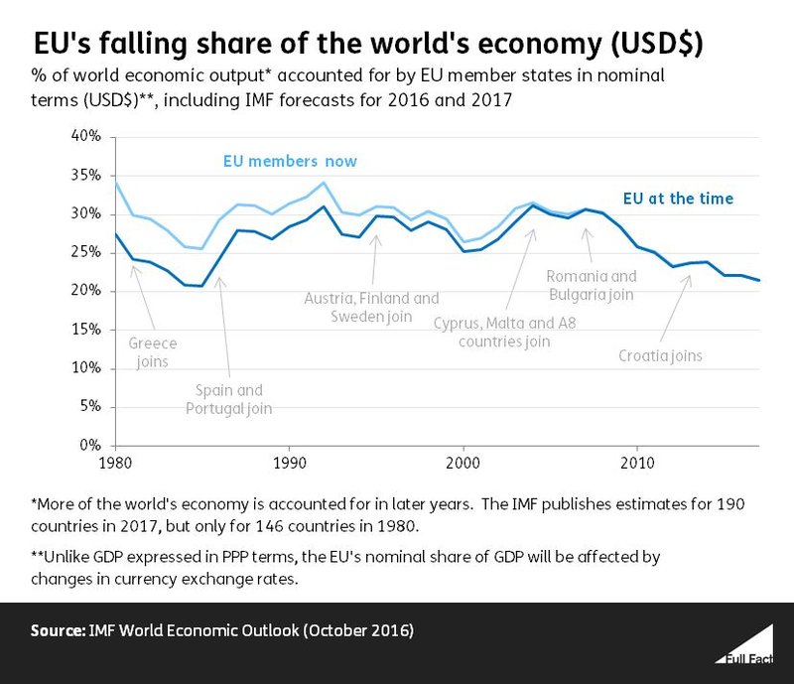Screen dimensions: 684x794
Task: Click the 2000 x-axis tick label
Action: (463, 463)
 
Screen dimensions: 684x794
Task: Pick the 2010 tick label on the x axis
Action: (636, 463)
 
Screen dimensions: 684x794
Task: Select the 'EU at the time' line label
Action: (678, 199)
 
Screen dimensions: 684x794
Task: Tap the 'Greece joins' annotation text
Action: (153, 351)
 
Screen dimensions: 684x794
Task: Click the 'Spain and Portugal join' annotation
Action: (230, 399)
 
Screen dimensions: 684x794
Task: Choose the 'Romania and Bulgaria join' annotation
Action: (591, 285)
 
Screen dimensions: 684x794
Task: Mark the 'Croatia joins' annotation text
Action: (659, 355)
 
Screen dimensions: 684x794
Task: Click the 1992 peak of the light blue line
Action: (324, 183)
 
